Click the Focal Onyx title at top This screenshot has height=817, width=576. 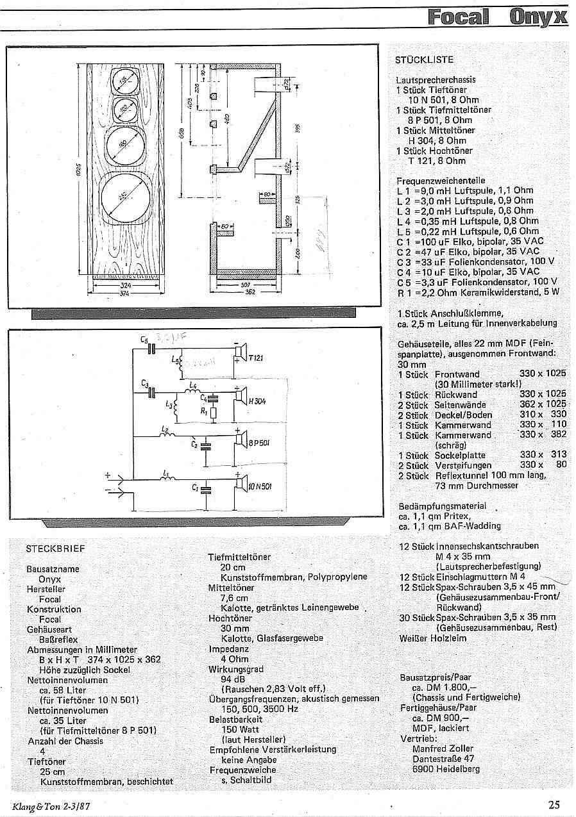(x=498, y=17)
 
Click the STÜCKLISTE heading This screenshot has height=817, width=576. (x=425, y=60)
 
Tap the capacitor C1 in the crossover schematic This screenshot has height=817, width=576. (x=205, y=490)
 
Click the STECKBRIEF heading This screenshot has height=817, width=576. (x=55, y=549)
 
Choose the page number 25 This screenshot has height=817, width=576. (x=554, y=805)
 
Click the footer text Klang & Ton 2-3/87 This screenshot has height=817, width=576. (x=51, y=806)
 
